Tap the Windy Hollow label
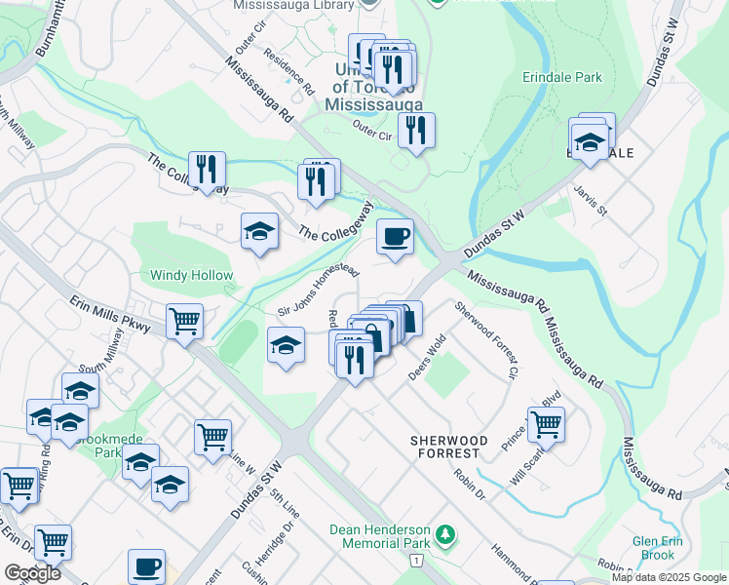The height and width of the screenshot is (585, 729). (x=191, y=276)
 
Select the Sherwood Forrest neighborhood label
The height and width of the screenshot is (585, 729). (x=445, y=448)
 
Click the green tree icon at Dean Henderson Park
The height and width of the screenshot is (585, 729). (x=445, y=534)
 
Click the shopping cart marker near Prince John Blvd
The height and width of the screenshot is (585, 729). (x=546, y=423)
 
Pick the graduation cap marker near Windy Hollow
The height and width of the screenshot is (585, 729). (x=259, y=232)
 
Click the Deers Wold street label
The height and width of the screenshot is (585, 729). (x=427, y=358)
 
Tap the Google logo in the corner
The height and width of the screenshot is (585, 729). (x=32, y=573)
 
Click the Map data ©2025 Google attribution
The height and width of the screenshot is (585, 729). (x=669, y=577)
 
